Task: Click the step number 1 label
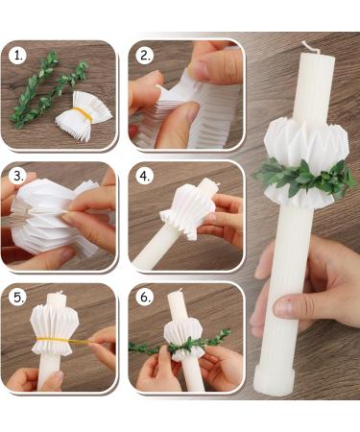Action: [17, 56]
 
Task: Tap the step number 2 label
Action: [145, 56]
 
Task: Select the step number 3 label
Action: [17, 177]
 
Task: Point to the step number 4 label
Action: [145, 177]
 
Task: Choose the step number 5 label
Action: [17, 298]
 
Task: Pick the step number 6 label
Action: [145, 298]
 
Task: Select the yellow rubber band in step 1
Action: [82, 114]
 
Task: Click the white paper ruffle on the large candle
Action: [306, 161]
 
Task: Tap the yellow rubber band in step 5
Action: [60, 341]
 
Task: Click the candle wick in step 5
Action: [60, 292]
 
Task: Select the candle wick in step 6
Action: [180, 290]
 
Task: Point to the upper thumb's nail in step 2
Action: [199, 69]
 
